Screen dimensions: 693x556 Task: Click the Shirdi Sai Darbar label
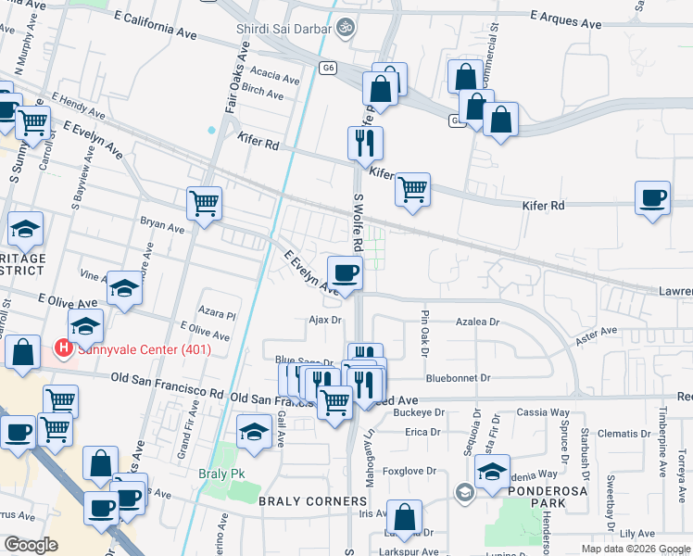pyautogui.click(x=283, y=30)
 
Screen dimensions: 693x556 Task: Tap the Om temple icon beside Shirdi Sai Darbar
pyautogui.click(x=346, y=29)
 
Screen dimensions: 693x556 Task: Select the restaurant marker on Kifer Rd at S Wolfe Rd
pyautogui.click(x=365, y=143)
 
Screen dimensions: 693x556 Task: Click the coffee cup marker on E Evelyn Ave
pyautogui.click(x=345, y=272)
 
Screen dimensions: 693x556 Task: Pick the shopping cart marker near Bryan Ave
pyautogui.click(x=204, y=204)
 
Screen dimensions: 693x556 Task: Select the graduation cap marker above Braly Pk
pyautogui.click(x=254, y=433)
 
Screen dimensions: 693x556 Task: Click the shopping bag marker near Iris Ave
pyautogui.click(x=404, y=516)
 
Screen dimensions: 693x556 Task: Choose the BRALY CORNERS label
pyautogui.click(x=312, y=501)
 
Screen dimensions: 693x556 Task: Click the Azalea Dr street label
pyautogui.click(x=477, y=323)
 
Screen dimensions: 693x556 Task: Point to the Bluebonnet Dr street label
pyautogui.click(x=458, y=378)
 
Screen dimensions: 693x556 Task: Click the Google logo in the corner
pyautogui.click(x=31, y=544)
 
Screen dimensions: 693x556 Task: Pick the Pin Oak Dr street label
pyautogui.click(x=425, y=325)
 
